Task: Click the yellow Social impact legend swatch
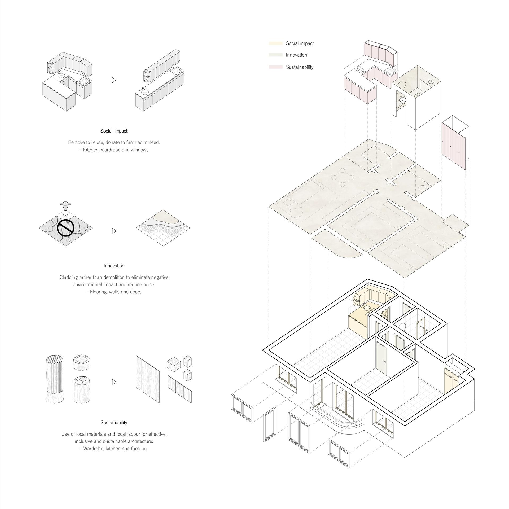[x=276, y=43]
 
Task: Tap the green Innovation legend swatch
[x=276, y=55]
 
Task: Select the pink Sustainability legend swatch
[x=276, y=67]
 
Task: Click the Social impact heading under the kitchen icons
[x=114, y=131]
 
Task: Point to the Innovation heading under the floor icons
[x=114, y=266]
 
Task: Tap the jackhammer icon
[x=65, y=208]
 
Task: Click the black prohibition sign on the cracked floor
[x=65, y=227]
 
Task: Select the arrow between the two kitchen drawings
[x=114, y=80]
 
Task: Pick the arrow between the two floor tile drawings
[x=114, y=231]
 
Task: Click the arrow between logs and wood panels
[x=114, y=382]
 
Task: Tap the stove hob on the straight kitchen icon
[x=175, y=71]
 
